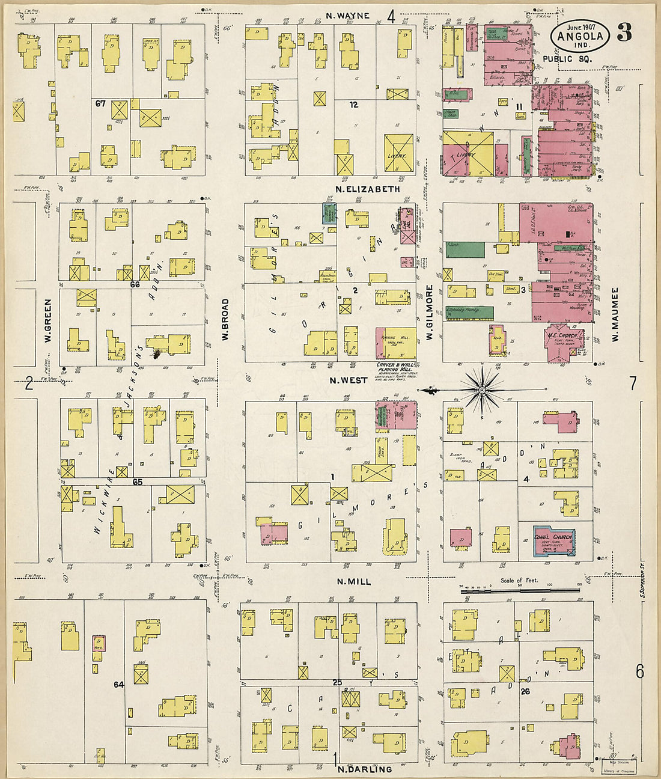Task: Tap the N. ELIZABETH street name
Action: point(367,189)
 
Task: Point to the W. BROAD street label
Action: point(225,320)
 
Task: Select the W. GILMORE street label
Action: point(430,313)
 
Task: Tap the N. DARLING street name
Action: point(365,769)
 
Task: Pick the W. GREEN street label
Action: point(47,321)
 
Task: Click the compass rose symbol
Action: point(482,390)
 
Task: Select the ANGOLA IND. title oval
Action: point(580,35)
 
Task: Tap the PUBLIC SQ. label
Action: point(567,59)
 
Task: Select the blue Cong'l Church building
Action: point(553,540)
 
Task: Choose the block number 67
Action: point(100,103)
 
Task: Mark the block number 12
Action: point(354,105)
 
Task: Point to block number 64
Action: point(118,684)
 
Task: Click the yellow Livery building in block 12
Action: point(398,154)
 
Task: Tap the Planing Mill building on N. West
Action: point(396,343)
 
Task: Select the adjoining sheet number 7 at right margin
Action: point(633,383)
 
